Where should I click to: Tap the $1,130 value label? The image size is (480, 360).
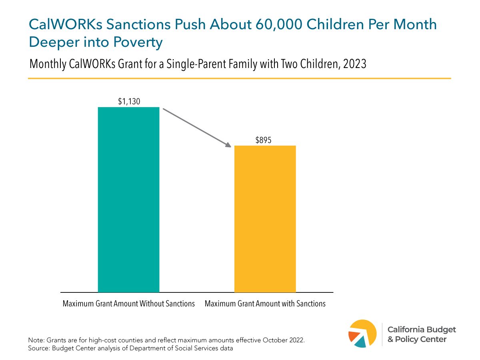coord(129,102)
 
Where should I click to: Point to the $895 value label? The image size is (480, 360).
coord(265,140)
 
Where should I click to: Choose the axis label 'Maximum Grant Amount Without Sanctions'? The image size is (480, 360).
coord(128,304)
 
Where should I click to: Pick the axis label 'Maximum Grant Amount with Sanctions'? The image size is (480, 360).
coord(265,304)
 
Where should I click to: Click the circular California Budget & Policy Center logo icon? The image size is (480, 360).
coord(362,334)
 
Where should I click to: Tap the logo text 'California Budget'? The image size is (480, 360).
coord(422,330)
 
